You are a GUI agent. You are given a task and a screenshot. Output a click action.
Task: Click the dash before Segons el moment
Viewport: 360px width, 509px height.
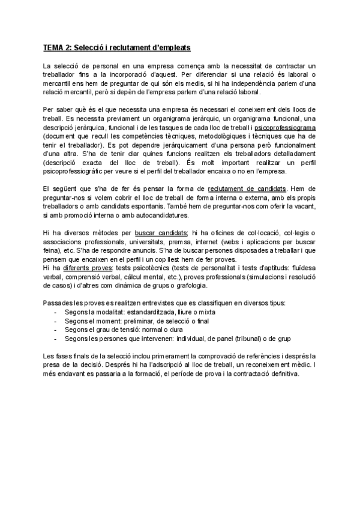pyautogui.click(x=55, y=322)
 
